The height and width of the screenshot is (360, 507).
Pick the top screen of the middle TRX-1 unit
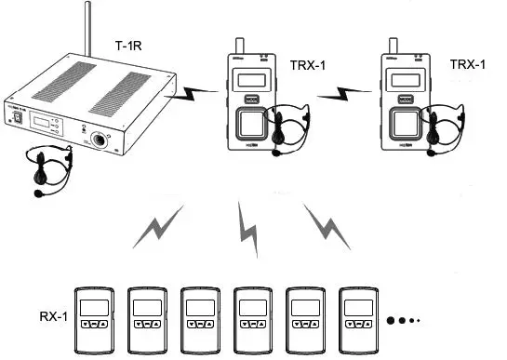point(247,81)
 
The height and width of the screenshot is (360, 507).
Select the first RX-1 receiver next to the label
point(93,316)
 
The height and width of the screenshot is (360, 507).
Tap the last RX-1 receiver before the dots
point(358,316)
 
